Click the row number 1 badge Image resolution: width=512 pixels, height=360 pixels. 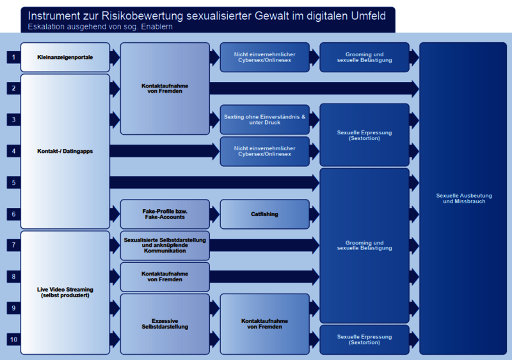pyautogui.click(x=13, y=58)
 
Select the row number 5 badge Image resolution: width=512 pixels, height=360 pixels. pyautogui.click(x=13, y=183)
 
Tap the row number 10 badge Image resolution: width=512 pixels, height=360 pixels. pyautogui.click(x=13, y=339)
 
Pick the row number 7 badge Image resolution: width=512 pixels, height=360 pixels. pyautogui.click(x=13, y=245)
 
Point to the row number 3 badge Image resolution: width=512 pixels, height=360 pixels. pyautogui.click(x=13, y=120)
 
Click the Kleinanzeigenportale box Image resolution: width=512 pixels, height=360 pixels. pyautogui.click(x=65, y=58)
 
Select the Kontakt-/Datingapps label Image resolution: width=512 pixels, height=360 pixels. pyautogui.click(x=65, y=152)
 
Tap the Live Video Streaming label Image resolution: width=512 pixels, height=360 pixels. pyautogui.click(x=65, y=292)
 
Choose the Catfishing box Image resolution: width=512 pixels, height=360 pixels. pyautogui.click(x=264, y=214)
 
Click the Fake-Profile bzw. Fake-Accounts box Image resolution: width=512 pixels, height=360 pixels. pyautogui.click(x=164, y=214)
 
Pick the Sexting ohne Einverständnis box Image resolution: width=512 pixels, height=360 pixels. pyautogui.click(x=264, y=120)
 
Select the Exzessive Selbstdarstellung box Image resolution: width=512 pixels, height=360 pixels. pyautogui.click(x=164, y=324)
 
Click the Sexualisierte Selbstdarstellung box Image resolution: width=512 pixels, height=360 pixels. pyautogui.click(x=164, y=245)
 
